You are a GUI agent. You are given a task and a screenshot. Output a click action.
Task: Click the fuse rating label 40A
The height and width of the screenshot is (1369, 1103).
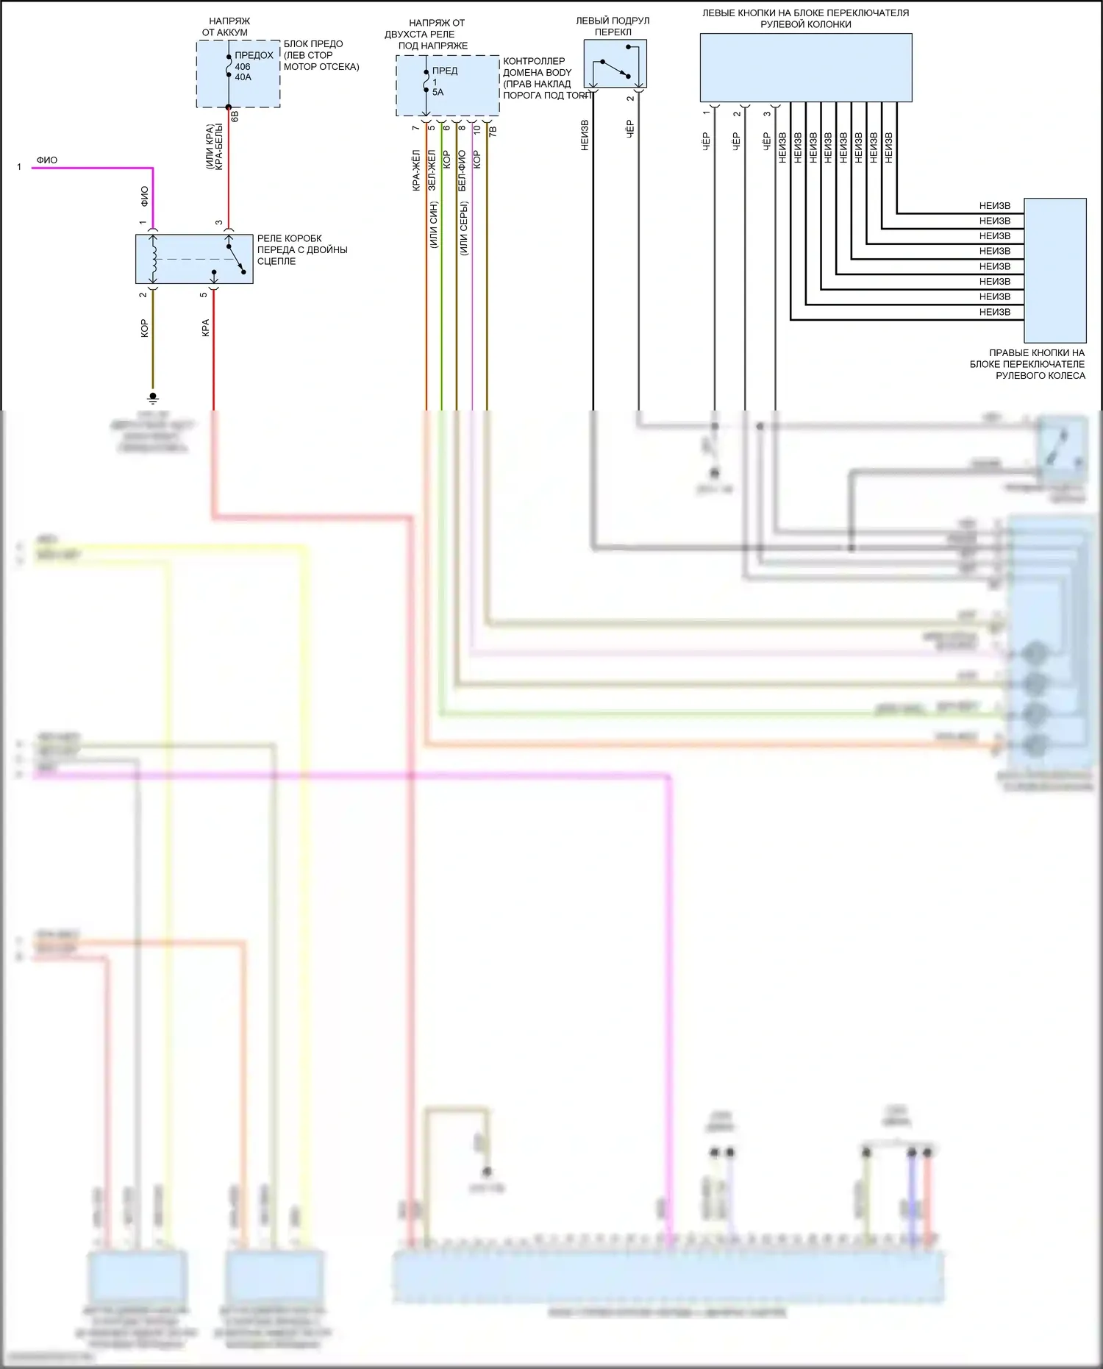(x=243, y=77)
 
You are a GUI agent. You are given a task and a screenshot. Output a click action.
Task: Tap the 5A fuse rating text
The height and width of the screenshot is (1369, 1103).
(x=438, y=93)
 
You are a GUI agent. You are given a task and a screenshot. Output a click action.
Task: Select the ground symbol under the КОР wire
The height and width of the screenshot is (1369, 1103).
(x=153, y=398)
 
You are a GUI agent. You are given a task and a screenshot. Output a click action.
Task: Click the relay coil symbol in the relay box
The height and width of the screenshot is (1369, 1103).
(x=154, y=259)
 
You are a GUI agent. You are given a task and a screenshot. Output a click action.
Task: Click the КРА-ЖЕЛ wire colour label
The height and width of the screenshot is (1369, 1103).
(x=416, y=171)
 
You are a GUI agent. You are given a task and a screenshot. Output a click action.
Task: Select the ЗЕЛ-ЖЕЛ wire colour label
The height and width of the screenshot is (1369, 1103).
(x=432, y=171)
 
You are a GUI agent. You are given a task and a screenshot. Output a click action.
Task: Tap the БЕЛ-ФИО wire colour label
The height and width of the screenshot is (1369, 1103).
(x=462, y=171)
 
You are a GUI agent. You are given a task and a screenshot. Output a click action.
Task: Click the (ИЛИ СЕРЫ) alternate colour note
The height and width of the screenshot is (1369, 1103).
(x=464, y=228)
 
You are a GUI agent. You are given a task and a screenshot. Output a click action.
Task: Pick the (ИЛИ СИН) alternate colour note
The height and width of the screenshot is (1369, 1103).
(x=434, y=224)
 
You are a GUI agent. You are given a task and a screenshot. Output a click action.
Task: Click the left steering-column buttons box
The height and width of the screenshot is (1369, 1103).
(x=805, y=68)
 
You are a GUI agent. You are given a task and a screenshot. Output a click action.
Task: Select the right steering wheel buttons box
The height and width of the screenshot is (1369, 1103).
(x=1054, y=270)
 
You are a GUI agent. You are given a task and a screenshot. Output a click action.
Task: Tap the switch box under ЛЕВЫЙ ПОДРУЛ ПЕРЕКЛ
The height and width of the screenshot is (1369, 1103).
(x=615, y=64)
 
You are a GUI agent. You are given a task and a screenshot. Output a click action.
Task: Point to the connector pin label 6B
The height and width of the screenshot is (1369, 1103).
(x=235, y=115)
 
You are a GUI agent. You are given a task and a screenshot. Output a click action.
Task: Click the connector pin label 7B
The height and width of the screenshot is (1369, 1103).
(x=493, y=131)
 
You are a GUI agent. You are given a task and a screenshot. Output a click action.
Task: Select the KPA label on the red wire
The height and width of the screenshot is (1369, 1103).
(x=205, y=328)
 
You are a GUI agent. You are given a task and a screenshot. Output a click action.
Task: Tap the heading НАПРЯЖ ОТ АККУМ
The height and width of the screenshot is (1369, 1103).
(x=227, y=27)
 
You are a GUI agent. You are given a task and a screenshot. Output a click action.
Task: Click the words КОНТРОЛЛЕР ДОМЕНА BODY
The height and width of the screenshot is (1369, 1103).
(x=536, y=67)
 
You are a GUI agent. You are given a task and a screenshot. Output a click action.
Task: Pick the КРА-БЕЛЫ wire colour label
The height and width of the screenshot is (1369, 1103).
(x=219, y=147)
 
